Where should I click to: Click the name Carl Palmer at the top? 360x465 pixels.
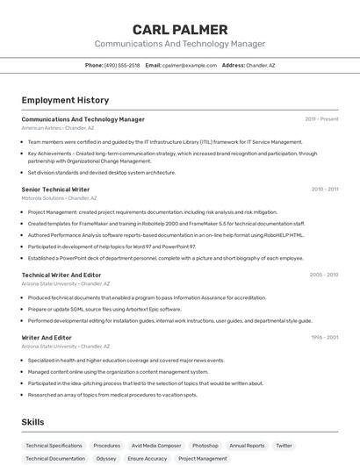180,29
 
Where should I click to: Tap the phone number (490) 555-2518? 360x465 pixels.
122,65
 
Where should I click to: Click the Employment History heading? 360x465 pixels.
65,100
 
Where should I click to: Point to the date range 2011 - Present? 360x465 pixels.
321,119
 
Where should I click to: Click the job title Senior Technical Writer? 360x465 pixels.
55,189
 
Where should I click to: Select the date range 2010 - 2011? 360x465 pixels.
324,189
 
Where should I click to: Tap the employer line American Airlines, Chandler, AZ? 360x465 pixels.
58,128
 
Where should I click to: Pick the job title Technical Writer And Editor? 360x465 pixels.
61,275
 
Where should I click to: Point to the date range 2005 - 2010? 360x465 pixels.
323,275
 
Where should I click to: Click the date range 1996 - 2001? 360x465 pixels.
324,337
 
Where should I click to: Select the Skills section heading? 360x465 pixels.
32,422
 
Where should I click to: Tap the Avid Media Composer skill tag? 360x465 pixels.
156,446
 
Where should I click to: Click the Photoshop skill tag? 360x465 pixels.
205,446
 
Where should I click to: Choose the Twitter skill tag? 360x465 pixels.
284,446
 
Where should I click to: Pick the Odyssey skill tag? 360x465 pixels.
106,459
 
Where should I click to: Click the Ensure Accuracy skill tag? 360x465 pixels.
147,459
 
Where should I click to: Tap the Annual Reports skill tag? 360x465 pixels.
247,446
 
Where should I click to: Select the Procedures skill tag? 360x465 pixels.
107,446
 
